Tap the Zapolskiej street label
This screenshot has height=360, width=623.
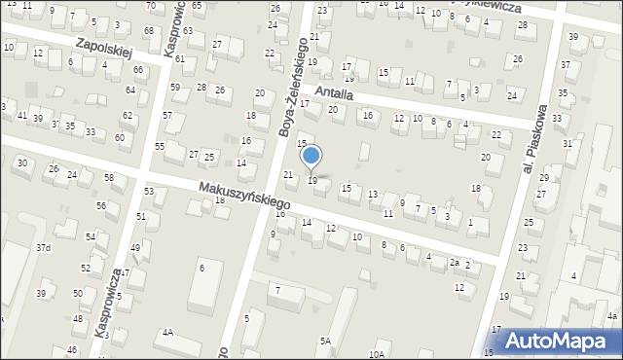pos(103,49)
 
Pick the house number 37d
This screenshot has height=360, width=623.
pos(43,248)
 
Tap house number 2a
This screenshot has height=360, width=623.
pos(454,263)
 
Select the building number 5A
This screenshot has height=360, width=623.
pos(325,341)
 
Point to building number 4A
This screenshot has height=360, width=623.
pos(167,333)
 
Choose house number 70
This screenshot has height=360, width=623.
pos(150,6)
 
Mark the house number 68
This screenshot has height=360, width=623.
pos(148,31)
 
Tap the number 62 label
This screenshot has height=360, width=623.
pos(128,116)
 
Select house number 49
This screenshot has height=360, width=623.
pos(135,248)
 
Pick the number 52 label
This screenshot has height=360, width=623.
pos(86,268)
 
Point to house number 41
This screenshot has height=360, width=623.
pos(21,116)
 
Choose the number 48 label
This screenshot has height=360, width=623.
pos(77,319)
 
